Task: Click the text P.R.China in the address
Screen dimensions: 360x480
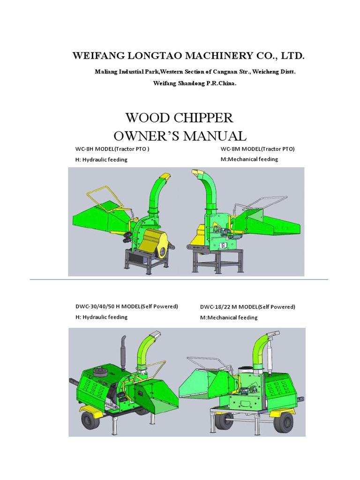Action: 221,83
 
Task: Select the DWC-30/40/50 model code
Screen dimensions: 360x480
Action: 95,307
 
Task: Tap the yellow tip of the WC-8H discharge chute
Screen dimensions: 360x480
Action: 165,177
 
